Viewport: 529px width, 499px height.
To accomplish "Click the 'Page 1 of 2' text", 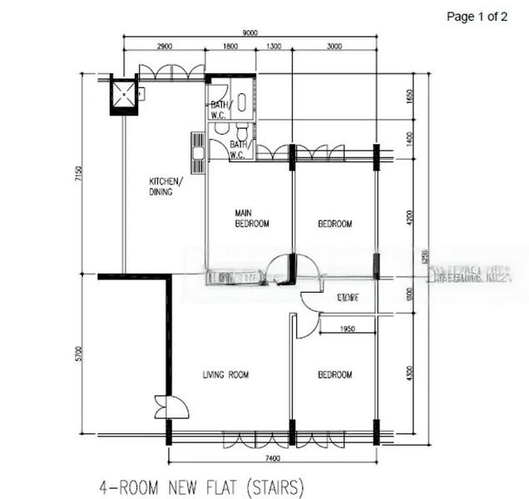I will point(477,16).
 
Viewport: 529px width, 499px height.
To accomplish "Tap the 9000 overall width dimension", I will point(250,32).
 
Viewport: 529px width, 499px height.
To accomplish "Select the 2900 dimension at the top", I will point(163,47).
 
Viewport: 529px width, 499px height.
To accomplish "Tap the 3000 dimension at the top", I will point(334,47).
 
